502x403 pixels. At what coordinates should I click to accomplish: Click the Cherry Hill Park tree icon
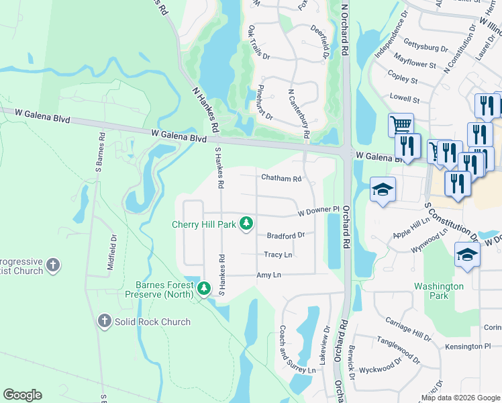[246, 223]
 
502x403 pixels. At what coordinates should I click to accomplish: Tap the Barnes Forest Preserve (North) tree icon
[204, 288]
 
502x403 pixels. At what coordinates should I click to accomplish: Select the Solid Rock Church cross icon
[104, 321]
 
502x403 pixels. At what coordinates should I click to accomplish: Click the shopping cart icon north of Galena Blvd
[401, 124]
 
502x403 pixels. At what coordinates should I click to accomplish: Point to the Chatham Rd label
[281, 179]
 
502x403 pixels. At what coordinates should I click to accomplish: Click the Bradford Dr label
[286, 236]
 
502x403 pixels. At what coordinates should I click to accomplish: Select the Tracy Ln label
[278, 255]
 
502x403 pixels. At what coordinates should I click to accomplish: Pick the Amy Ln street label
[268, 275]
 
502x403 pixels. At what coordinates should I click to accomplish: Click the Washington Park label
[439, 291]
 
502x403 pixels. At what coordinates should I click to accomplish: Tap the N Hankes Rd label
[205, 108]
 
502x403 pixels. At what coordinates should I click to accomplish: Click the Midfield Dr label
[113, 252]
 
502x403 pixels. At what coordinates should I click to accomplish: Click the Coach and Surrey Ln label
[297, 350]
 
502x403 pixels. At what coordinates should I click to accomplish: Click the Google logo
[23, 395]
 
